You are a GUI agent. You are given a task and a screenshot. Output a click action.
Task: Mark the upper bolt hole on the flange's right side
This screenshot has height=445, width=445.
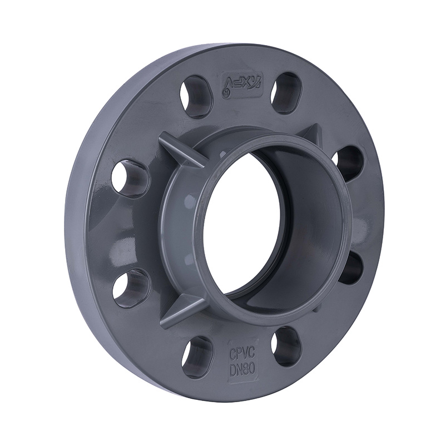[349, 164]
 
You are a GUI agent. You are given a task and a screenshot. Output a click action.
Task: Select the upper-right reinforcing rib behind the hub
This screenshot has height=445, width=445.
[311, 136]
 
